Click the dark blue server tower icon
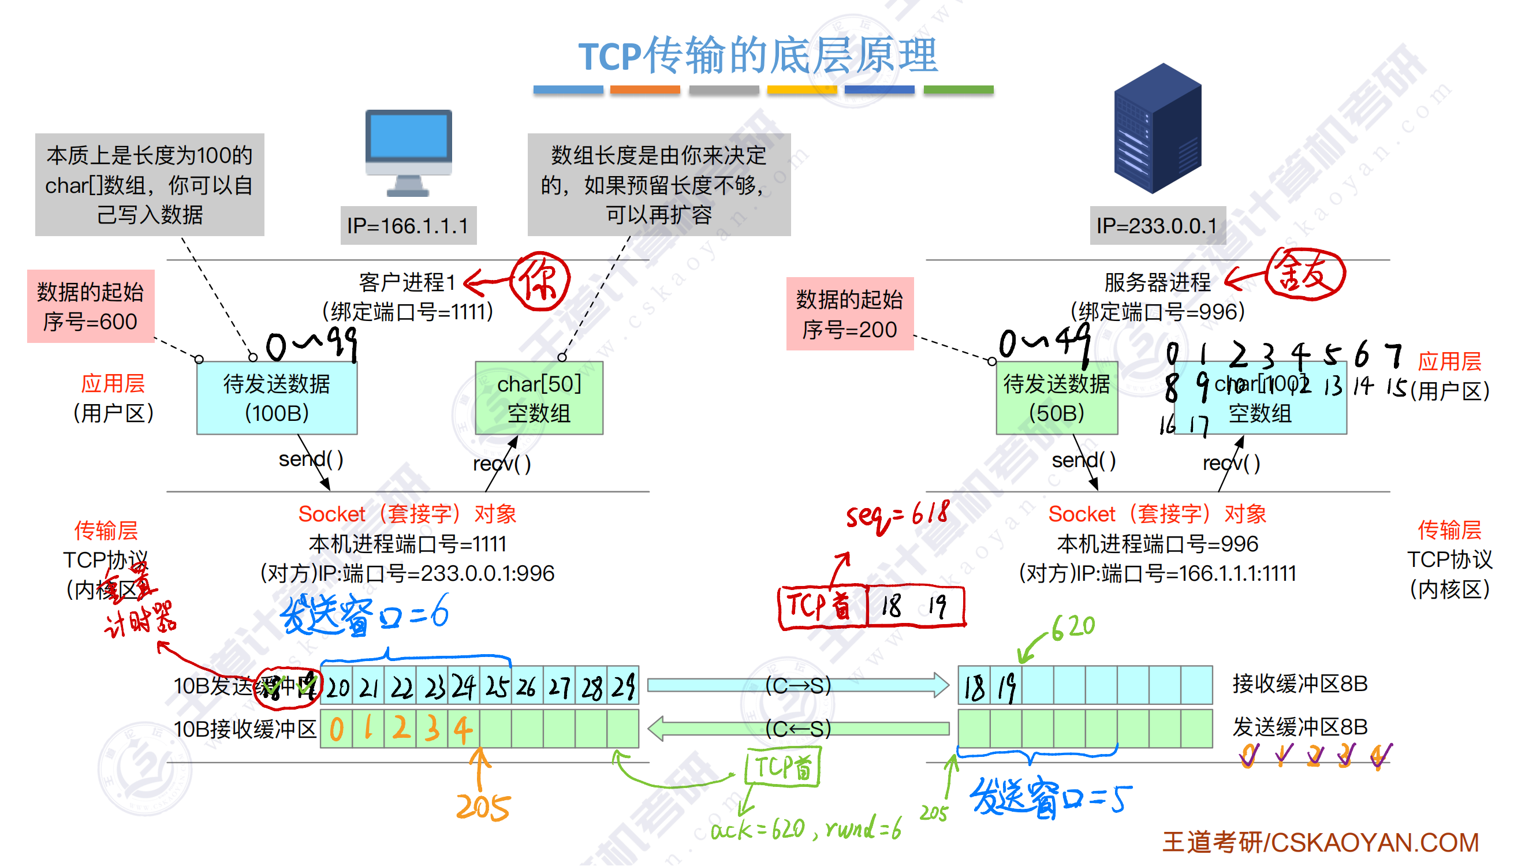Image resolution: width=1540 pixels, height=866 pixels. (x=1157, y=128)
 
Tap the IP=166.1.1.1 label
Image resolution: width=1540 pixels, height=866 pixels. (x=408, y=226)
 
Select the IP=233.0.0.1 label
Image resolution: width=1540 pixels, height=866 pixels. (x=1157, y=226)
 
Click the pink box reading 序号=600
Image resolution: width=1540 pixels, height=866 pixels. (x=90, y=307)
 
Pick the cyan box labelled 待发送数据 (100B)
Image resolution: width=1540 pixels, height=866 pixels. (x=276, y=398)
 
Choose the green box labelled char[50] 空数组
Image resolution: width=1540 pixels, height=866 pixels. (x=539, y=398)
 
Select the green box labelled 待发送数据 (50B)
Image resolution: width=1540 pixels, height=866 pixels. (x=1056, y=398)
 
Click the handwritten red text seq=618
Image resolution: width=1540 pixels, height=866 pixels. (x=897, y=516)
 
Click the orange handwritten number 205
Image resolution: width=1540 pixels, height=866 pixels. (x=483, y=807)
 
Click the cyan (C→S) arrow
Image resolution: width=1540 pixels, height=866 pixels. (x=797, y=685)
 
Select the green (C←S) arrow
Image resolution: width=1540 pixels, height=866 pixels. (x=797, y=729)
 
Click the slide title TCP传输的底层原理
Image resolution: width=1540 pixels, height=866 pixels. (x=758, y=55)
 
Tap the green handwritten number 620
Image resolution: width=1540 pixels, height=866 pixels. (x=1073, y=627)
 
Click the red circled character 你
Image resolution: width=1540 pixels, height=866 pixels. (x=540, y=281)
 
